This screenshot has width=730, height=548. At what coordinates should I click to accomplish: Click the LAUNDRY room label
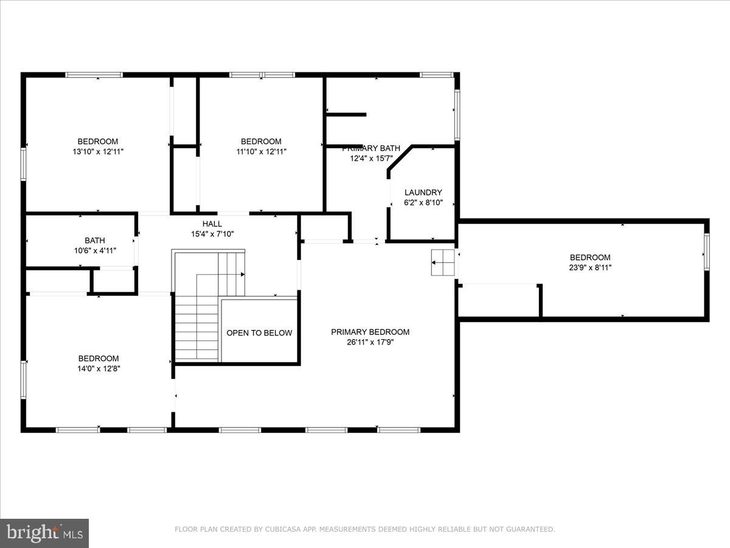coord(423,192)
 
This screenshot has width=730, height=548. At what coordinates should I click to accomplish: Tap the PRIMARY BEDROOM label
coord(370,332)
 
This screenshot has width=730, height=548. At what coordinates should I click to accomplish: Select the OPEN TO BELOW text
coord(259,333)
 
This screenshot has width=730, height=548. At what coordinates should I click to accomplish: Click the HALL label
coord(212,223)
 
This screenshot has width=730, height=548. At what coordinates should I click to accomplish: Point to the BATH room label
coord(94,241)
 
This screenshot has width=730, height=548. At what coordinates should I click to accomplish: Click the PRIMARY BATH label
coord(371,148)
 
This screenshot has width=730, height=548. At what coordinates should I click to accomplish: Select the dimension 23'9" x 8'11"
coord(589,267)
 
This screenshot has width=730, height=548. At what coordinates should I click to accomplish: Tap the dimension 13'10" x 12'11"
coord(97,152)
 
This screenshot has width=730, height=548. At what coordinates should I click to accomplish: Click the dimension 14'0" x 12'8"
coord(98,368)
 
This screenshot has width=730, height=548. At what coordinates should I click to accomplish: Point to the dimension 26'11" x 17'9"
coord(370,342)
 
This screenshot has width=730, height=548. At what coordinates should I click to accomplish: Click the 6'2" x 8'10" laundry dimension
coord(423,203)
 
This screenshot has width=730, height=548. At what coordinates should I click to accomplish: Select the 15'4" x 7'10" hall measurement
coord(212,234)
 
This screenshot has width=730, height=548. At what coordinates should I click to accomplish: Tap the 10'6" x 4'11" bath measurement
coord(94,250)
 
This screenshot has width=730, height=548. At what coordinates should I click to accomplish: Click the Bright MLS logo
coord(44,533)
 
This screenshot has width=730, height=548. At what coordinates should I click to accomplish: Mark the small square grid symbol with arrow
coord(443,262)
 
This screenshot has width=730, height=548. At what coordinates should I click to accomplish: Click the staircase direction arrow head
coord(243,275)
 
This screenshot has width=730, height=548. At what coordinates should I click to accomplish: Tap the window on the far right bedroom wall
coord(706,252)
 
